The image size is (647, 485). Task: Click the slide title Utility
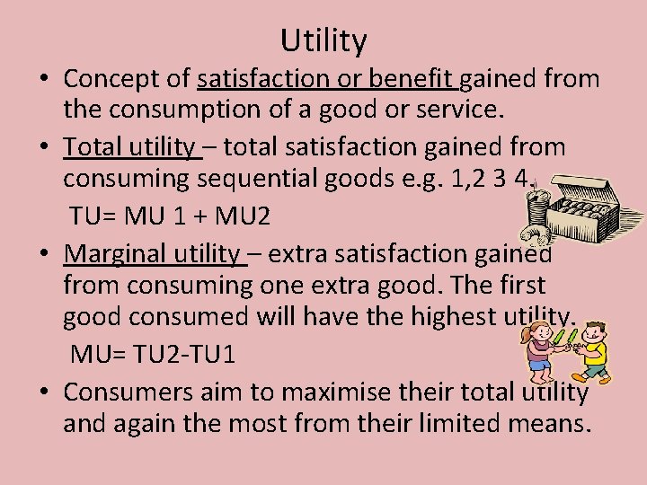[x=323, y=40]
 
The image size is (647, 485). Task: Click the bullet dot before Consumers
[x=43, y=392]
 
